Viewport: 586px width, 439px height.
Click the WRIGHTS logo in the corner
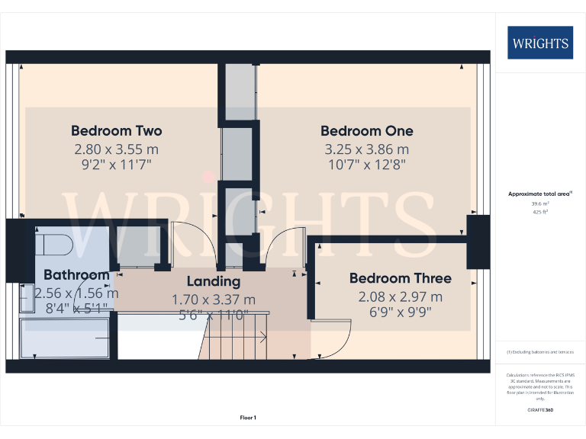coord(540,43)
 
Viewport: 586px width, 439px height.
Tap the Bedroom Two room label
coord(116,130)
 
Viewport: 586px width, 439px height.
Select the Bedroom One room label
coord(366,130)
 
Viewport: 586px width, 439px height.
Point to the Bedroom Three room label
coord(400,278)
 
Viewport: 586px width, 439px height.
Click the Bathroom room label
coord(76,274)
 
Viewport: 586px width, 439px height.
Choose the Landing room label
coord(214,282)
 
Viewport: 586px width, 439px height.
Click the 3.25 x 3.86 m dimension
coord(366,149)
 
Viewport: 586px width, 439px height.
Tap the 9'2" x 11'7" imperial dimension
coord(116,164)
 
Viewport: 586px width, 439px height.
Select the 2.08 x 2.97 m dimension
coord(400,296)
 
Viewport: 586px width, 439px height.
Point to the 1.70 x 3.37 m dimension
coord(214,300)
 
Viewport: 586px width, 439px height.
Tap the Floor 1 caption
coord(248,418)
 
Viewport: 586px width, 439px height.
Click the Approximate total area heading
coord(539,194)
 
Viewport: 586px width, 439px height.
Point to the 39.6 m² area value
coord(539,203)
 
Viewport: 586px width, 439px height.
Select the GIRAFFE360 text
coord(540,411)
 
